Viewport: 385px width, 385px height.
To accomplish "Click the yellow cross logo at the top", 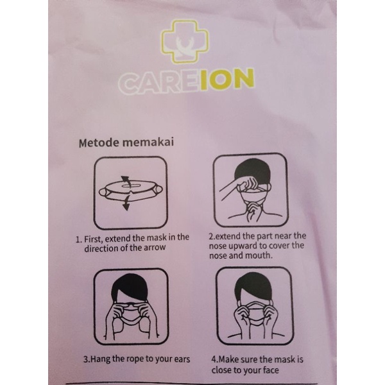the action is (x=185, y=41).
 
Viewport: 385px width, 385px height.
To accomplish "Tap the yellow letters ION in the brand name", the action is (x=228, y=79).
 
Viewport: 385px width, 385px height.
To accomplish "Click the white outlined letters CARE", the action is (x=159, y=83).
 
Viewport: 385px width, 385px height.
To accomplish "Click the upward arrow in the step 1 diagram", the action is (x=126, y=181).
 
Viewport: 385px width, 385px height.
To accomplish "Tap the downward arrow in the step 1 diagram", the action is (x=126, y=203).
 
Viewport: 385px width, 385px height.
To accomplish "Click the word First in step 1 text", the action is (x=93, y=239).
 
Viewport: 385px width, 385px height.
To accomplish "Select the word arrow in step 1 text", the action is (x=155, y=248).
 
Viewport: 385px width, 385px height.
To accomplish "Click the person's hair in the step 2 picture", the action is (x=252, y=170).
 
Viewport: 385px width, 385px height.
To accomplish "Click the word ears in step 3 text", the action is (x=182, y=359).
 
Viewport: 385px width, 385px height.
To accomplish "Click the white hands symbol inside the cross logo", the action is (x=185, y=46).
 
